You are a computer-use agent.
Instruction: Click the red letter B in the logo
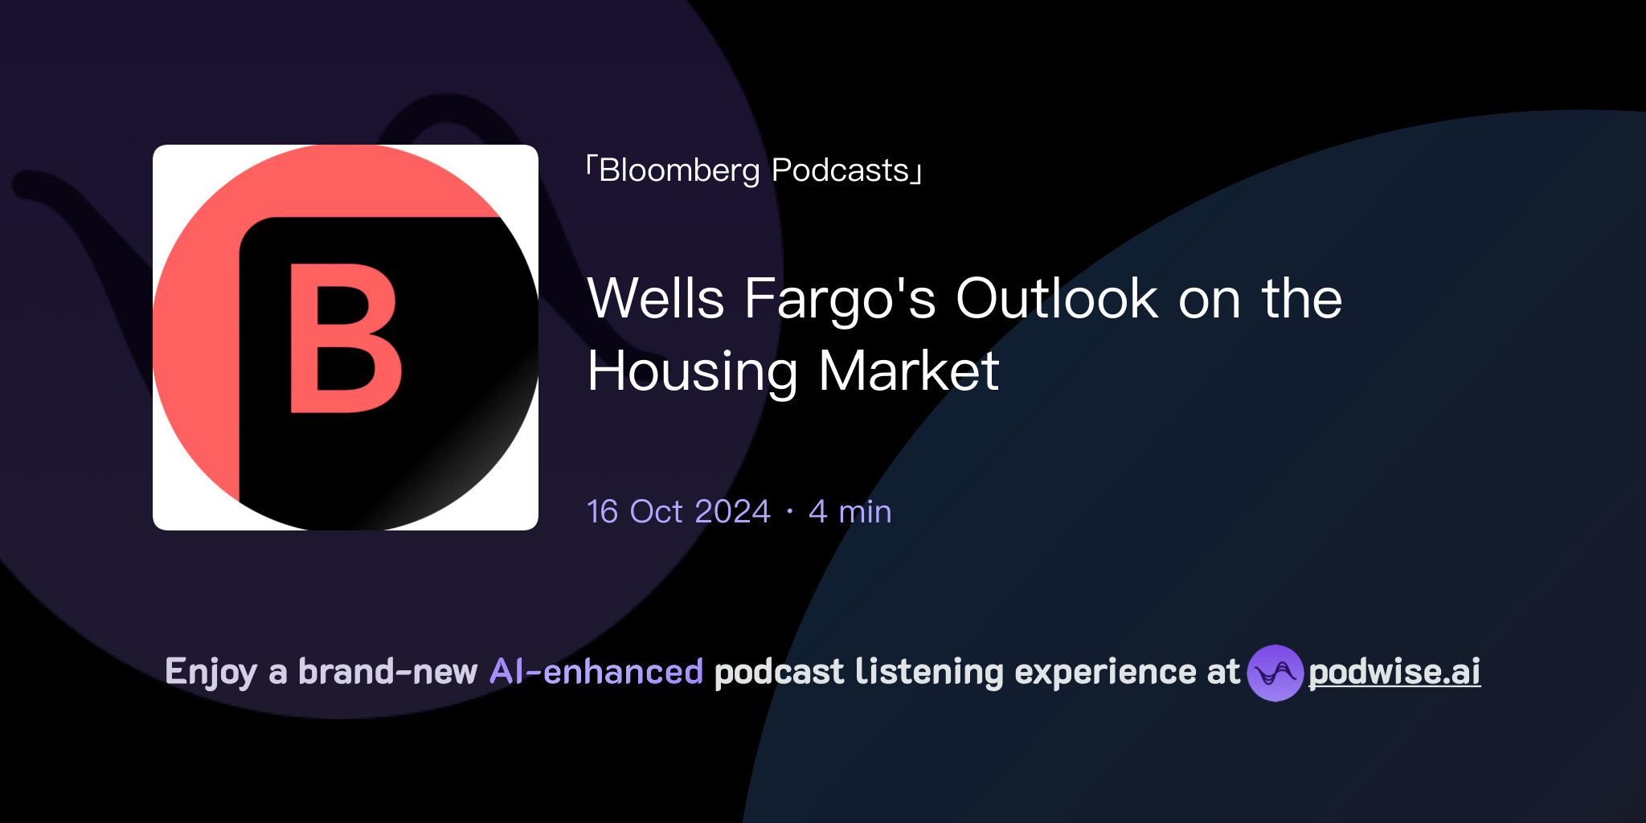[x=344, y=338]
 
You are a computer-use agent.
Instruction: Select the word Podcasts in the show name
[x=840, y=171]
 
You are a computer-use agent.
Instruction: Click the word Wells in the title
[x=656, y=299]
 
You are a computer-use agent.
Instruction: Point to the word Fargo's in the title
[x=840, y=299]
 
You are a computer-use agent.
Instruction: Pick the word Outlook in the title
[x=1056, y=299]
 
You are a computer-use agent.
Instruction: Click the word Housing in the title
[x=692, y=371]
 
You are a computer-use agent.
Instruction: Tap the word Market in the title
[x=908, y=371]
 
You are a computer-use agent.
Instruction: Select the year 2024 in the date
[x=732, y=512]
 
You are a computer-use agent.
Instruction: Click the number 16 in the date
[x=603, y=512]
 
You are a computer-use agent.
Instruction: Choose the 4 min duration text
[x=850, y=512]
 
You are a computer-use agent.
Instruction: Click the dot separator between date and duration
[x=790, y=512]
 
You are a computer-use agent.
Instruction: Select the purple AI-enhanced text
[x=596, y=672]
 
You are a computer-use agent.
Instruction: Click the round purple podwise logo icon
[x=1275, y=673]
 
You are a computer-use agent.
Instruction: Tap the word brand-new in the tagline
[x=387, y=672]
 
